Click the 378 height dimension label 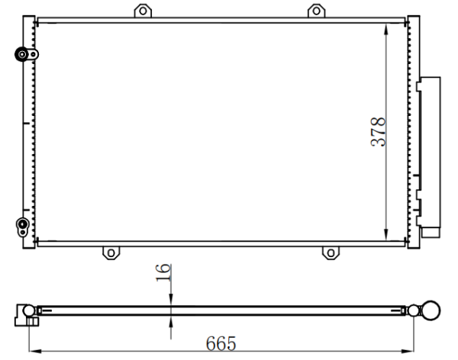[x=379, y=132]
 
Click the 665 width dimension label [x=221, y=343]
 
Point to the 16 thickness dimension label [x=163, y=273]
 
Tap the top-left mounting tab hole [x=143, y=11]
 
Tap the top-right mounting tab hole [x=316, y=11]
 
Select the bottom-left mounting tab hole [x=111, y=253]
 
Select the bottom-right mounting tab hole [x=331, y=253]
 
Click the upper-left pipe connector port [x=22, y=54]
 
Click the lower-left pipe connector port [x=22, y=224]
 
